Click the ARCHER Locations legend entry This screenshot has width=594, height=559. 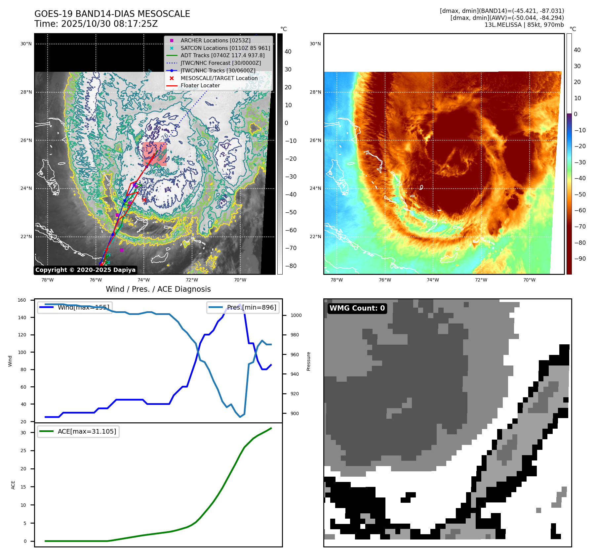pos(215,40)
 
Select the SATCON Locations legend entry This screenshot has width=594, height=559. pos(225,48)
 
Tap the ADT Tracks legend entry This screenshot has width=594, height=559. pos(222,56)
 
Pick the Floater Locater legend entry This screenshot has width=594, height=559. pos(200,85)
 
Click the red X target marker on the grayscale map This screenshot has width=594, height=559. pos(144,200)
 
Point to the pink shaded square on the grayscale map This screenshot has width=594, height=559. pos(154,154)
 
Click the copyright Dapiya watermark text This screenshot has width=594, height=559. pos(85,270)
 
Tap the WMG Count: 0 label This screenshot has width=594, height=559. pos(357,308)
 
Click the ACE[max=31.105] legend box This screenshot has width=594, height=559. pos(78,431)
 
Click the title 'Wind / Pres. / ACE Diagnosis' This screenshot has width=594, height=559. pos(158,289)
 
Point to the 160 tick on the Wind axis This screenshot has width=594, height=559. pos(22,300)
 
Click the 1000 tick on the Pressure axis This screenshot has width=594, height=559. pos(296,315)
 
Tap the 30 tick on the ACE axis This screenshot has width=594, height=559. pos(23,433)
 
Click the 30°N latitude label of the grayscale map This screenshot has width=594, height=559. pos(26,44)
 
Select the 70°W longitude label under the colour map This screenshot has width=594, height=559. pos(529,280)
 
